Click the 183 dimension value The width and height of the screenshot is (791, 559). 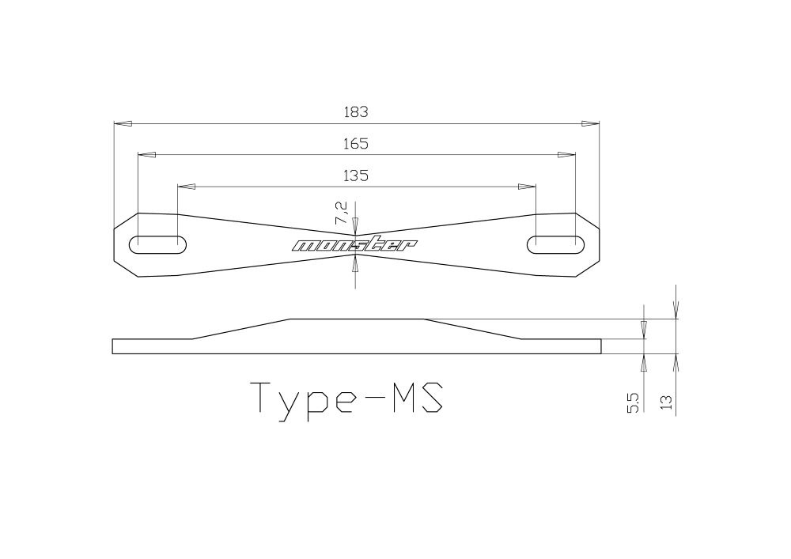(x=356, y=112)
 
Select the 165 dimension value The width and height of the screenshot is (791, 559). (x=356, y=144)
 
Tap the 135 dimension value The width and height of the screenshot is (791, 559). (x=356, y=176)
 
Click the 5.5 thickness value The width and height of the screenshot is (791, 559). (x=634, y=404)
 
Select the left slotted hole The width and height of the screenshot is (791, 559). (x=158, y=244)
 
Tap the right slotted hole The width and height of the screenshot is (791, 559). (x=555, y=244)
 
